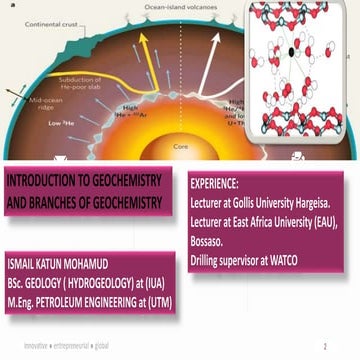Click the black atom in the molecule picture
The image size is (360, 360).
[291, 51]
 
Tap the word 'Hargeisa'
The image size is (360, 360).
[320, 201]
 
